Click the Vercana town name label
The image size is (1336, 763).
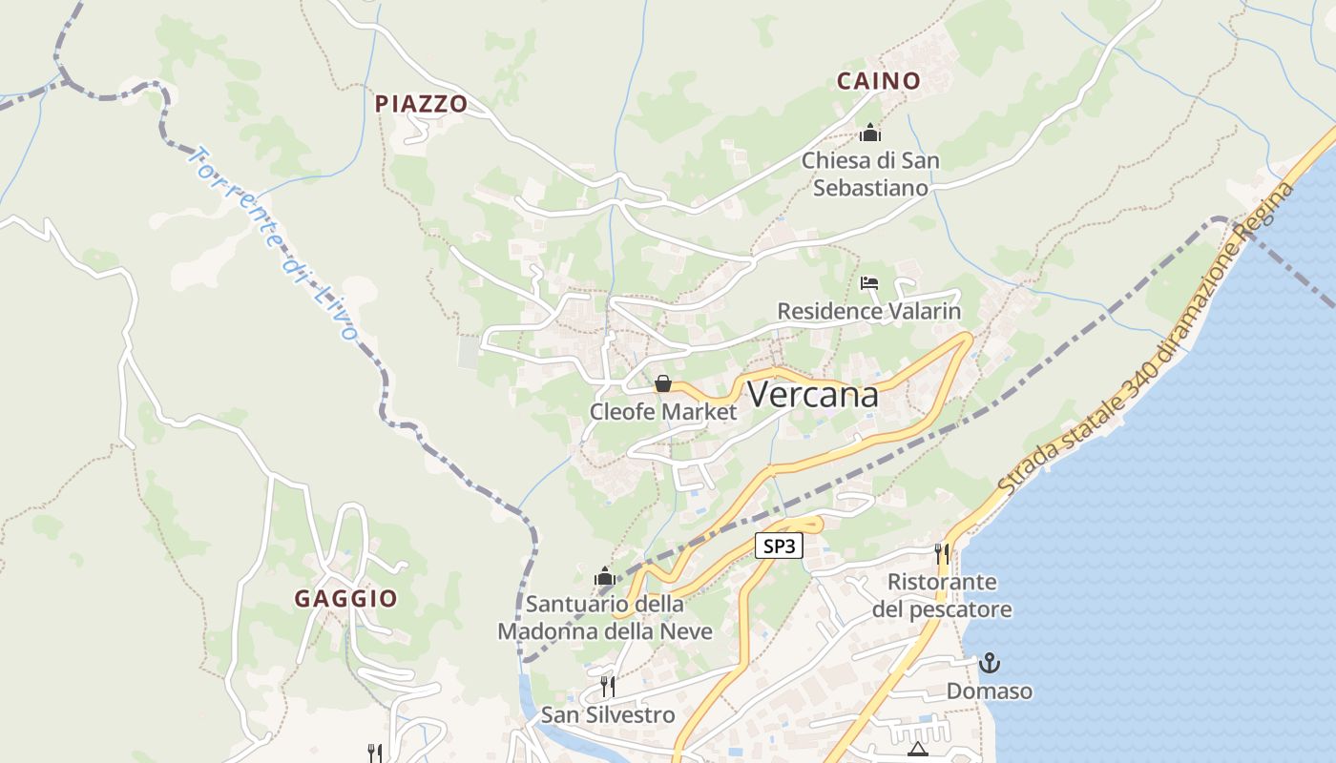click(812, 394)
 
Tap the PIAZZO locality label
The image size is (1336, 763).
click(421, 104)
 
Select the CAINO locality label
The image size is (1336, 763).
click(878, 81)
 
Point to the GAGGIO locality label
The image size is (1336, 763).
click(345, 599)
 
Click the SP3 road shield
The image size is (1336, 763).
click(779, 546)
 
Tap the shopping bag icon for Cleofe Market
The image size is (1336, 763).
click(662, 383)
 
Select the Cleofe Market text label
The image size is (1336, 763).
click(663, 412)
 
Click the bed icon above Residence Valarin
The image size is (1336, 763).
click(868, 283)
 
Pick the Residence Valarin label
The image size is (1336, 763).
click(868, 311)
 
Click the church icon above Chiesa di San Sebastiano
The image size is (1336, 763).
click(869, 133)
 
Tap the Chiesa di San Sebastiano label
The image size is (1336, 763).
click(869, 174)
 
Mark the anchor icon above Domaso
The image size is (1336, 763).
click(990, 662)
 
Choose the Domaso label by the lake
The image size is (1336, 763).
click(990, 691)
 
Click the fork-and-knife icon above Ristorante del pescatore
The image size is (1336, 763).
click(942, 552)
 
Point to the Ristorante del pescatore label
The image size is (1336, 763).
click(942, 595)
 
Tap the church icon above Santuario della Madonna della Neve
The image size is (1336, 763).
click(604, 576)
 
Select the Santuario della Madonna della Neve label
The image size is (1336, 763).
click(605, 617)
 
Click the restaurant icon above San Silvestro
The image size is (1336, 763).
click(607, 686)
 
